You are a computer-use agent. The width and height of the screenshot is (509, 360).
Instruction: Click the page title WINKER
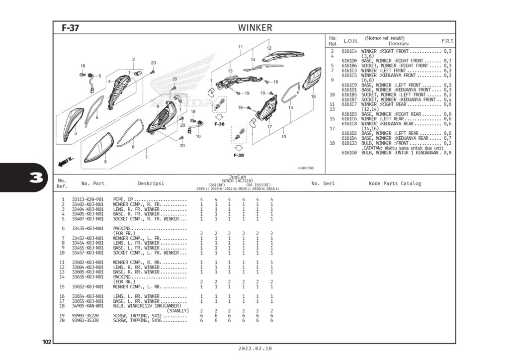(255, 28)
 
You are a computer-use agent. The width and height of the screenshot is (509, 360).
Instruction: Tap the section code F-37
(70, 28)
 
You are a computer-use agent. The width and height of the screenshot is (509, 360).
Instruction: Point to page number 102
(47, 342)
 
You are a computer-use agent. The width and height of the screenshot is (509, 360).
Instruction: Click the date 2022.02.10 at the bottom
(255, 349)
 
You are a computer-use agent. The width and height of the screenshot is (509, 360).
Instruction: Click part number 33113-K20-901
(87, 199)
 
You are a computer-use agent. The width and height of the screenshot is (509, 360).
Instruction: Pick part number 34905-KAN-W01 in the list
(87, 306)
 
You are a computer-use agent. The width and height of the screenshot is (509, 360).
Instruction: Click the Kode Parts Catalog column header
(395, 183)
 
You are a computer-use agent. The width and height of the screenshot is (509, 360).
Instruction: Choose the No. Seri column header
(323, 183)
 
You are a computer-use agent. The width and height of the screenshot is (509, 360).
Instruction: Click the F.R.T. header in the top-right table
(447, 41)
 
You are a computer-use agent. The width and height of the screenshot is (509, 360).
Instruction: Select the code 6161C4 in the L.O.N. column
(349, 51)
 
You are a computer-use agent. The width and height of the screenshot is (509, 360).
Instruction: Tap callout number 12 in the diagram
(269, 48)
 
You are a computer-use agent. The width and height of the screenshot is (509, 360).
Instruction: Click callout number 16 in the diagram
(313, 96)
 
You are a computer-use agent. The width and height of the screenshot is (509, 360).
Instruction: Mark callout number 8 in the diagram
(105, 162)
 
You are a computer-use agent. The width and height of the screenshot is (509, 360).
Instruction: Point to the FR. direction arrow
(66, 161)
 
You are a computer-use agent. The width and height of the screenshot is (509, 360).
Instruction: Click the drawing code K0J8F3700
(305, 168)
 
